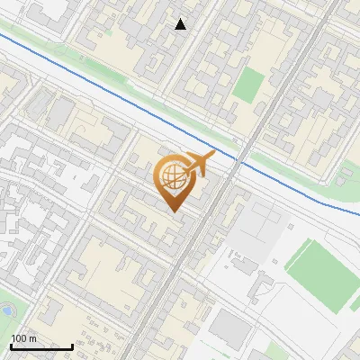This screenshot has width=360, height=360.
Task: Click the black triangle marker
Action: point(181,24)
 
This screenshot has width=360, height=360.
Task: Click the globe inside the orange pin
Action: point(173,177)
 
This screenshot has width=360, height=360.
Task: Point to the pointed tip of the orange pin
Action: point(173,212)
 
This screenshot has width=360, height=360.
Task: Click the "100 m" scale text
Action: point(23,338)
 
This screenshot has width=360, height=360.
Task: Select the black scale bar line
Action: point(41,346)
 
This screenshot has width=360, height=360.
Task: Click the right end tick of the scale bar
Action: point(72,345)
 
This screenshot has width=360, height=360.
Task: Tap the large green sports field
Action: point(323,274)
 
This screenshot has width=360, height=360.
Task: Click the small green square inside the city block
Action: point(248,84)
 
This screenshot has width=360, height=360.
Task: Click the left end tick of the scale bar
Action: point(11,345)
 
